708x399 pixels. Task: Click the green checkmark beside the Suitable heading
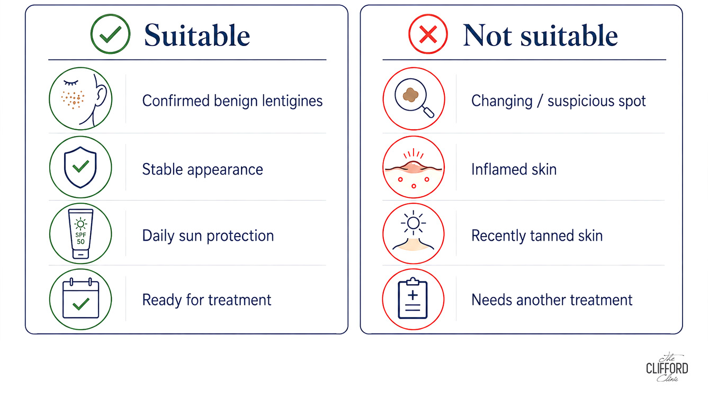110,34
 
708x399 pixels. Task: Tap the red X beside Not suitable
428,34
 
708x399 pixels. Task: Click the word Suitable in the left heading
197,35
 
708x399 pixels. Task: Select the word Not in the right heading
487,35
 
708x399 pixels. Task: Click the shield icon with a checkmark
80,167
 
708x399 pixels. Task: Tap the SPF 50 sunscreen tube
80,234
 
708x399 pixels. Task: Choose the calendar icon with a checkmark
80,298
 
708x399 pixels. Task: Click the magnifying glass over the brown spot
414,97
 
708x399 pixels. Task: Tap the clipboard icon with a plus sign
413,298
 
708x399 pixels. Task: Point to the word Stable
163,169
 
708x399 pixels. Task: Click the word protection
240,236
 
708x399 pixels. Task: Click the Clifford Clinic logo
667,367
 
